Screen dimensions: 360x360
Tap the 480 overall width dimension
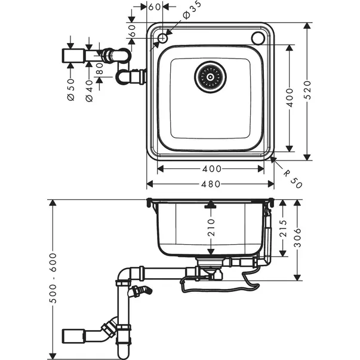click(x=210, y=184)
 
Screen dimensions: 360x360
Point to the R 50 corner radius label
click(x=293, y=178)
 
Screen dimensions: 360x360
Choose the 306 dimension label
click(x=298, y=239)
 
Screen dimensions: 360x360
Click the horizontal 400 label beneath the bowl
click(x=210, y=169)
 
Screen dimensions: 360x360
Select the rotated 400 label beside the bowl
click(x=290, y=97)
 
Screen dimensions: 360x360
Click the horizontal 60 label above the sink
click(x=154, y=7)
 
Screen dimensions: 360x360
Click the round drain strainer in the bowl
click(x=210, y=76)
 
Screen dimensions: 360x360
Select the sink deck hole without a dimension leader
click(x=258, y=38)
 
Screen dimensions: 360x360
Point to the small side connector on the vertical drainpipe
click(x=141, y=291)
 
